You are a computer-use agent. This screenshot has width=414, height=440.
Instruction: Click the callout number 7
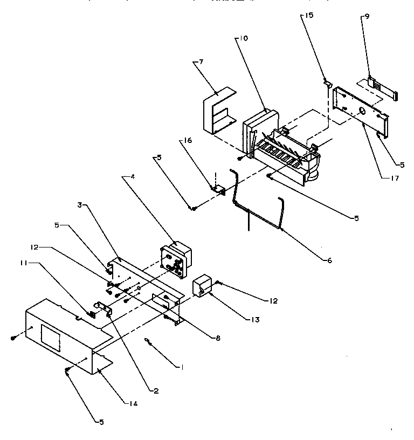[x=201, y=63]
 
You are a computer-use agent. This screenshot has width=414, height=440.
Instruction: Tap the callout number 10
[x=244, y=39]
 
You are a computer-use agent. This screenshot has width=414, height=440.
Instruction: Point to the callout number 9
[x=367, y=17]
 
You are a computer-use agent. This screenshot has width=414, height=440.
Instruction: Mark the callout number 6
[x=328, y=260]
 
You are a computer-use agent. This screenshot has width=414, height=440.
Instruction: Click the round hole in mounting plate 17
[x=362, y=111]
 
